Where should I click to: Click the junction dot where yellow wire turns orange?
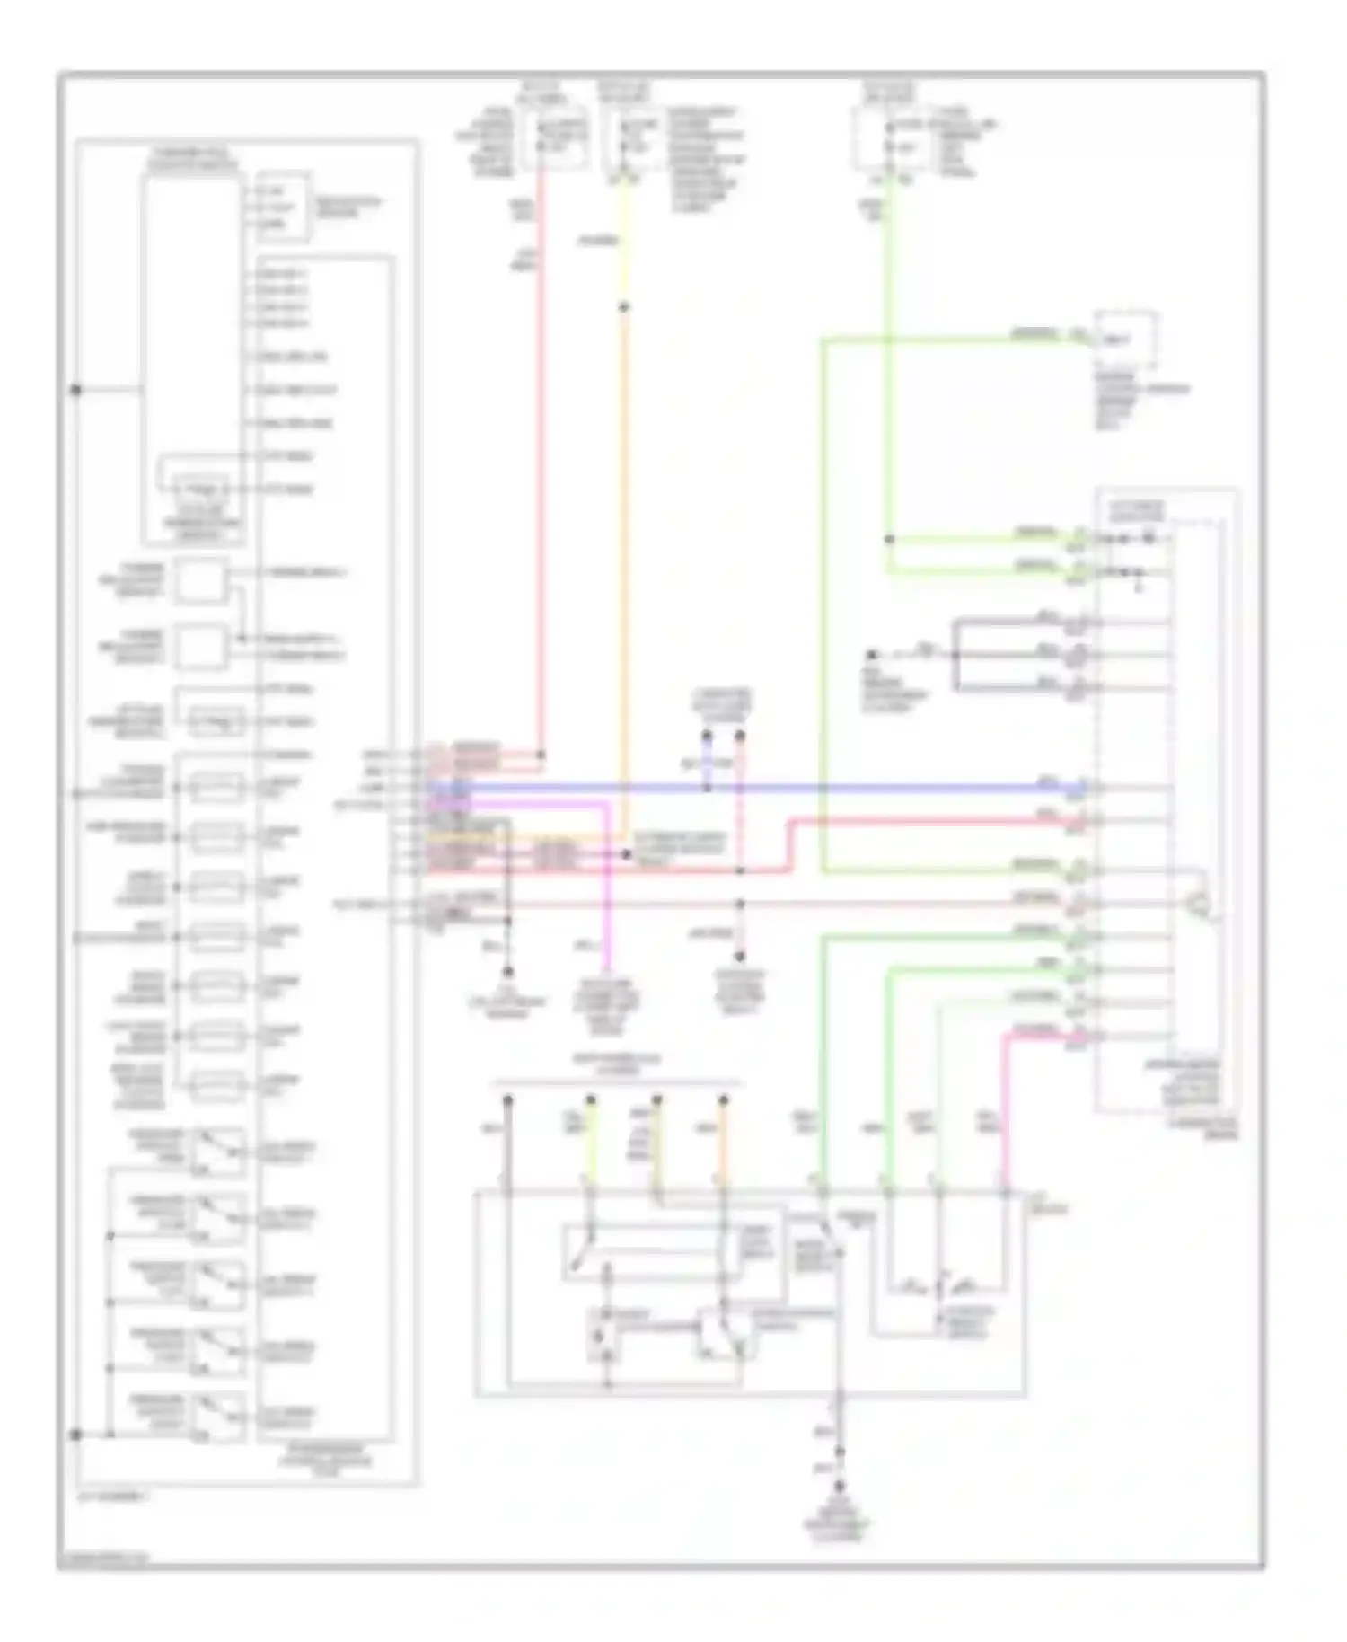pyautogui.click(x=624, y=307)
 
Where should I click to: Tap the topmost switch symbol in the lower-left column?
pyautogui.click(x=217, y=1150)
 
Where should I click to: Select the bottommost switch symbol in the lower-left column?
pyautogui.click(x=217, y=1416)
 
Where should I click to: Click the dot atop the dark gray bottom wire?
pyautogui.click(x=507, y=1099)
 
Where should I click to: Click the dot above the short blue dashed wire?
pyautogui.click(x=708, y=736)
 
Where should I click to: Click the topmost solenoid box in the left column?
pyautogui.click(x=217, y=788)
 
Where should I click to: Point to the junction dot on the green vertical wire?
pyautogui.click(x=889, y=539)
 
